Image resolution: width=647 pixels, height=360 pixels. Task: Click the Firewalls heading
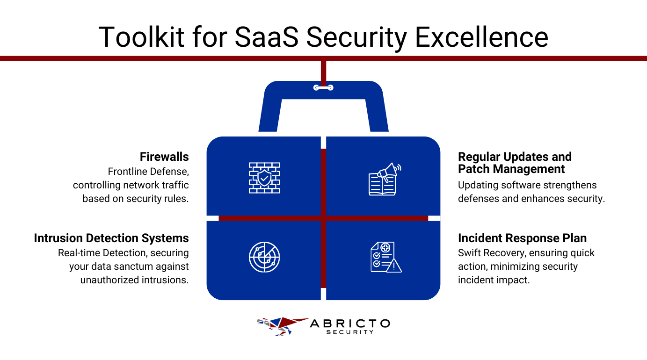click(x=164, y=157)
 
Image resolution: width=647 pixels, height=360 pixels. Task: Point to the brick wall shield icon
click(x=264, y=178)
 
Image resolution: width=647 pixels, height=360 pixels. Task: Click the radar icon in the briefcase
click(x=264, y=257)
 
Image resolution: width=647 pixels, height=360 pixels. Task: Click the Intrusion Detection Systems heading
click(x=111, y=238)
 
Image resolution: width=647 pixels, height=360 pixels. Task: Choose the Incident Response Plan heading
click(x=522, y=238)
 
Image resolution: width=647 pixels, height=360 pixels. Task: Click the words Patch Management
click(x=511, y=169)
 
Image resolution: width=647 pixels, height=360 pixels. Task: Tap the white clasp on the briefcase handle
click(x=323, y=87)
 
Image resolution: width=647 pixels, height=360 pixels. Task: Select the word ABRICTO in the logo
click(x=349, y=324)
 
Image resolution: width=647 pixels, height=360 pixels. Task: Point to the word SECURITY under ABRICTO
click(x=349, y=332)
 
